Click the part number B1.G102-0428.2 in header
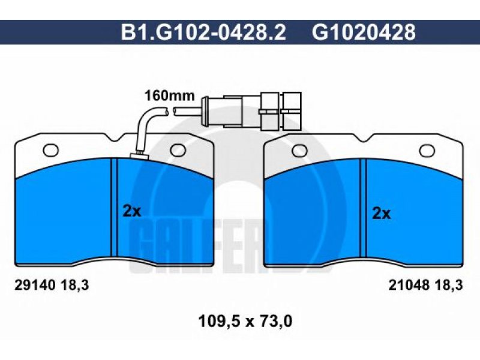point(203,32)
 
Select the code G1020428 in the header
point(364,32)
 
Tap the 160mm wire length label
point(170,96)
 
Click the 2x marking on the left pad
point(131,211)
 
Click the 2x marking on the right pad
point(381,213)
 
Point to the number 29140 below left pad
point(35,286)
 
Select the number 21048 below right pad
point(409,286)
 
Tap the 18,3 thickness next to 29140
point(75,286)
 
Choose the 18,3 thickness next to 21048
point(449,286)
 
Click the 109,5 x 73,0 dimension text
point(245,322)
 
